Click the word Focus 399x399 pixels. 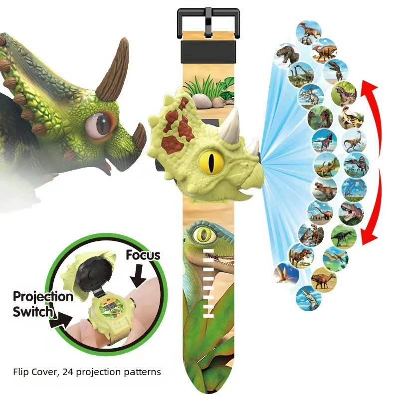point(143,255)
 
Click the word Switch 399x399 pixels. point(32,312)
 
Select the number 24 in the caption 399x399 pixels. point(68,372)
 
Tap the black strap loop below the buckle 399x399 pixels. point(208,52)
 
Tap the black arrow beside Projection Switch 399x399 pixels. point(60,320)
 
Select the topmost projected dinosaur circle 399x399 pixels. point(309,33)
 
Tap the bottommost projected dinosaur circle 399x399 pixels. point(308,298)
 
